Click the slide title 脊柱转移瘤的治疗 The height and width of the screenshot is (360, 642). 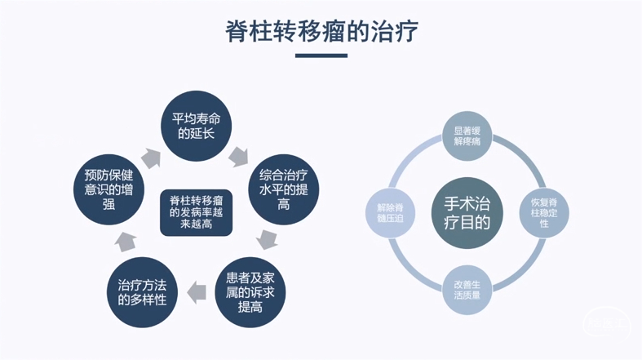click(x=321, y=31)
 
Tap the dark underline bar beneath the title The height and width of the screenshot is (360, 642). click(x=321, y=56)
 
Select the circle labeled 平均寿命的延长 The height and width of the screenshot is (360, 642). click(x=196, y=125)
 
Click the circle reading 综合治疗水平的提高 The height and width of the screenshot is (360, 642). click(x=283, y=189)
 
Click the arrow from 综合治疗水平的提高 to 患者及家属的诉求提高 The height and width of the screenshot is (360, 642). click(x=266, y=239)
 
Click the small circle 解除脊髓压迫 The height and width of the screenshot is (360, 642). click(x=390, y=211)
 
